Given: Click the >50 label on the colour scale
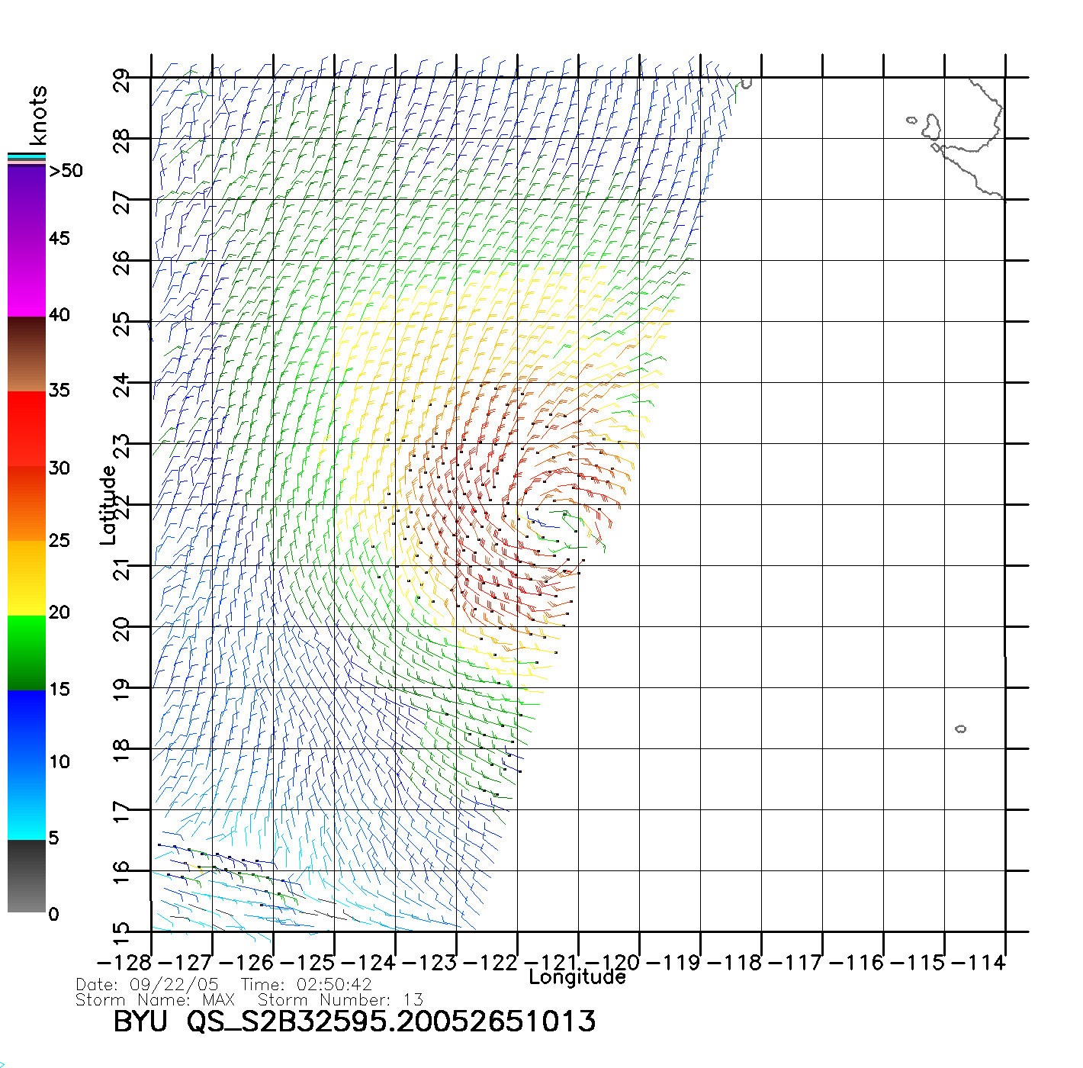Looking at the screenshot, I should click(66, 171).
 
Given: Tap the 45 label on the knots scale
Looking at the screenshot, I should click(59, 239).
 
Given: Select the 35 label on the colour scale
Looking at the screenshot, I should click(59, 391).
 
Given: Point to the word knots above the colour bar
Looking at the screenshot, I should click(37, 115).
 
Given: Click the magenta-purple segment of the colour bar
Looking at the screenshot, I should click(27, 240).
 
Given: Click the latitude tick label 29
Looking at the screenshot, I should click(122, 80).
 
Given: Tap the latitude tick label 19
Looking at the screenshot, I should click(122, 689).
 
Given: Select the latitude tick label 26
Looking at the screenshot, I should click(122, 262).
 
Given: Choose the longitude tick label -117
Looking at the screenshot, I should click(795, 963).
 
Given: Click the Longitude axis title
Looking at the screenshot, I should click(577, 977).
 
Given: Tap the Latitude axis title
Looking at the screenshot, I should click(108, 505).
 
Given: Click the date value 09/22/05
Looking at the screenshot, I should click(174, 985).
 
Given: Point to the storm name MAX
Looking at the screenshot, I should click(218, 1000).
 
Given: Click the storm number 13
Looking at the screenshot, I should click(413, 1000).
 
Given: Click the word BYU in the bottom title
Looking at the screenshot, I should click(140, 1021).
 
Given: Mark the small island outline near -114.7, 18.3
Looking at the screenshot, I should click(960, 729).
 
